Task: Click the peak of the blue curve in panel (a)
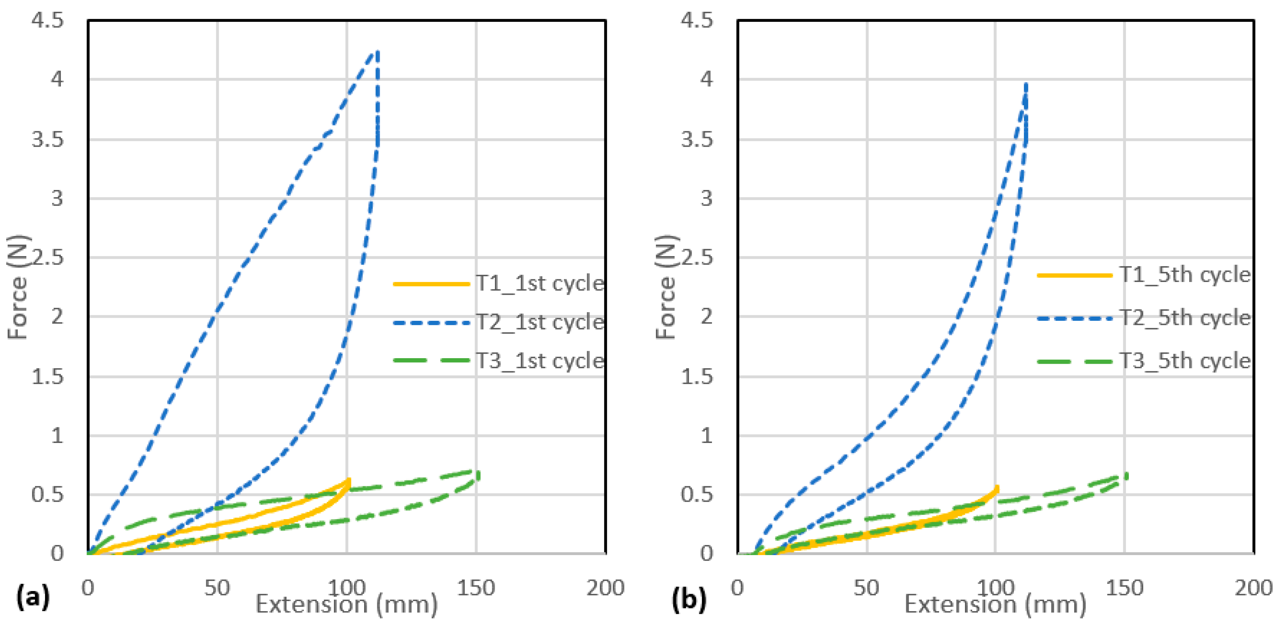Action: pos(378,52)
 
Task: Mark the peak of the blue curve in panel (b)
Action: pos(1026,84)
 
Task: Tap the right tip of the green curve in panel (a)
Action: pos(478,474)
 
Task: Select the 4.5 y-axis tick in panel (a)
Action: pos(48,20)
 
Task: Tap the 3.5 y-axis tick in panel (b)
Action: pos(697,139)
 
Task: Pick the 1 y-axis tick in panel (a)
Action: pos(57,436)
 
